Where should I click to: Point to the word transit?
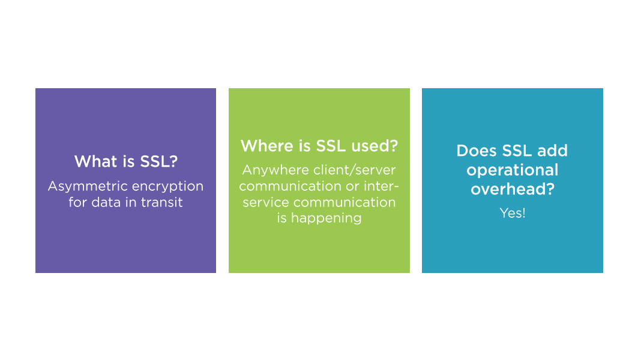point(162,202)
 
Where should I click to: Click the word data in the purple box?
point(107,202)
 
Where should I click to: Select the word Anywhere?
point(275,170)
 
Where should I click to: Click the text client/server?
point(355,170)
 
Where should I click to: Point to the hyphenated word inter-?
point(381,186)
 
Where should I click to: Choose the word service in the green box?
point(266,202)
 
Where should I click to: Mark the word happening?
point(327,218)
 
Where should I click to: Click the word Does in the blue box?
point(477,151)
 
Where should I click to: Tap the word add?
point(552,151)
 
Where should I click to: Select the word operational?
point(512,170)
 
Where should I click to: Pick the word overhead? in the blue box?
point(513,189)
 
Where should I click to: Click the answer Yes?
point(513,213)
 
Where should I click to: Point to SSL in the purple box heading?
point(158,161)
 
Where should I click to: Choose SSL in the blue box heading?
point(517,151)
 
